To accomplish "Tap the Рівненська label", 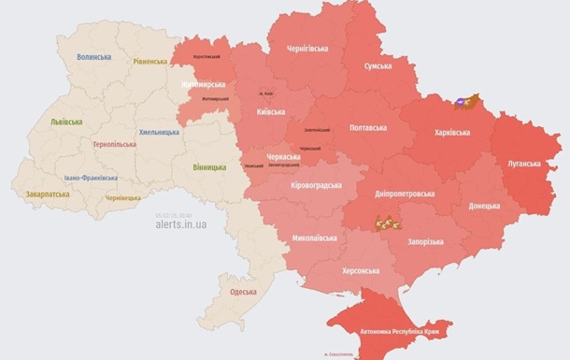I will click(150, 62).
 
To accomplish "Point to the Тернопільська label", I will click(115, 145).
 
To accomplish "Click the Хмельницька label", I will click(159, 132).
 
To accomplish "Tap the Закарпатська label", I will click(47, 194).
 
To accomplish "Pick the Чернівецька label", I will click(122, 198).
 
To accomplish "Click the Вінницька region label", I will click(208, 167).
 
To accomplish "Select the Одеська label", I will click(244, 292).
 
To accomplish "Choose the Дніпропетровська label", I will click(403, 194).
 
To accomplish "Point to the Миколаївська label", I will click(316, 238).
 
